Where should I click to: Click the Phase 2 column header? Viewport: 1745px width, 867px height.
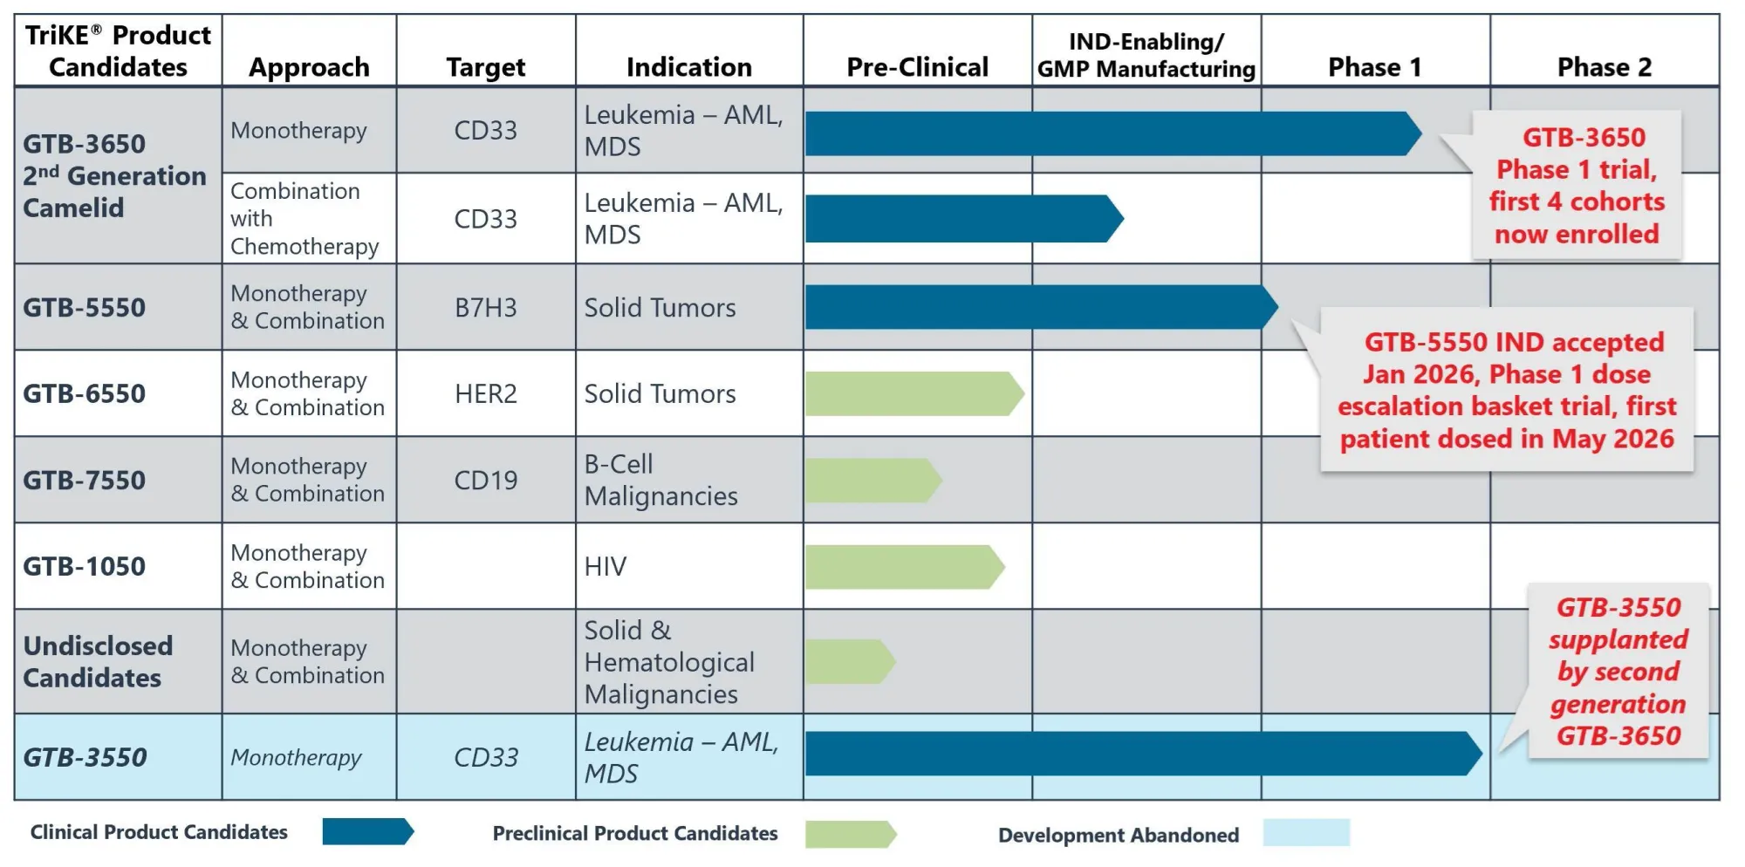(1604, 67)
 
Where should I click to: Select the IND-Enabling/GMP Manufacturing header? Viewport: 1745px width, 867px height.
(1146, 55)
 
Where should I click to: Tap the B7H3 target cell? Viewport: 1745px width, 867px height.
(486, 308)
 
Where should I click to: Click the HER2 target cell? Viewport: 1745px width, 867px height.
(486, 394)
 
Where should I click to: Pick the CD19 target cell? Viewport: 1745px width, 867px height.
(486, 481)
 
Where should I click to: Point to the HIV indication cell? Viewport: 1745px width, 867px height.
(606, 567)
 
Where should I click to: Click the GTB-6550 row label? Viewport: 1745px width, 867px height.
(85, 394)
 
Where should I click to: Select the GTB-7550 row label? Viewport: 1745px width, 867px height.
(85, 481)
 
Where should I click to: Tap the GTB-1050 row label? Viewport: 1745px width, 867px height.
(85, 567)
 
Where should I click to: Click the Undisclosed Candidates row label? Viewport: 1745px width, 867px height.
(98, 662)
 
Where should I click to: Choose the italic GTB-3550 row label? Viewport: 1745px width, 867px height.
(85, 757)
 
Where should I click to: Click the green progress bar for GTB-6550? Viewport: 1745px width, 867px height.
(914, 394)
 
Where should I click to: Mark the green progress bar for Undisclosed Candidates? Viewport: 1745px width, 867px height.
(851, 662)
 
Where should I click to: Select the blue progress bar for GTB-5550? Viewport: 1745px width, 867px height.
(1042, 307)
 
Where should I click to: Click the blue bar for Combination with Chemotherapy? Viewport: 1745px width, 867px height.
(964, 219)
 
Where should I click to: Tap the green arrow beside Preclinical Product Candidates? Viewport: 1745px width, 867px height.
(851, 834)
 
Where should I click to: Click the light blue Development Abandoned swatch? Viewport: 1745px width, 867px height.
(1306, 832)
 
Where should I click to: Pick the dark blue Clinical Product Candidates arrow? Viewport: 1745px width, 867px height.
(368, 831)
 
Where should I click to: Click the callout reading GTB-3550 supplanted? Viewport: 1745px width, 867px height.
(1618, 672)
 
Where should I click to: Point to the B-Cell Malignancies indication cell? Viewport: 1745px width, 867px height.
(660, 481)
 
